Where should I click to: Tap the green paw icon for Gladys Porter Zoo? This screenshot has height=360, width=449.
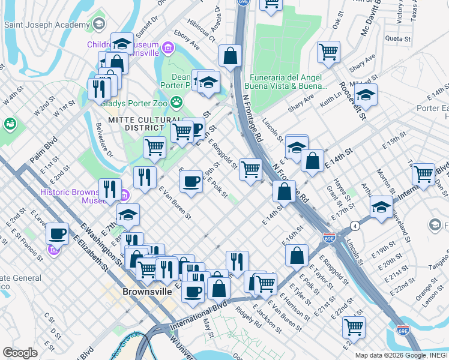176,103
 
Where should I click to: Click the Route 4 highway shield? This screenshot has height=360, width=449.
355,226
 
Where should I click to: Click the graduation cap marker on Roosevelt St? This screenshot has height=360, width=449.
366,95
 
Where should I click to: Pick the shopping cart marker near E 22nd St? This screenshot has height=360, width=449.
354,327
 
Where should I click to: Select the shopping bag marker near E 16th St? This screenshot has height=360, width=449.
297,255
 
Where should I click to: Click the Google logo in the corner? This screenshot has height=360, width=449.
20,353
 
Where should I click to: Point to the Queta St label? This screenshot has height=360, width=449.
397,39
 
